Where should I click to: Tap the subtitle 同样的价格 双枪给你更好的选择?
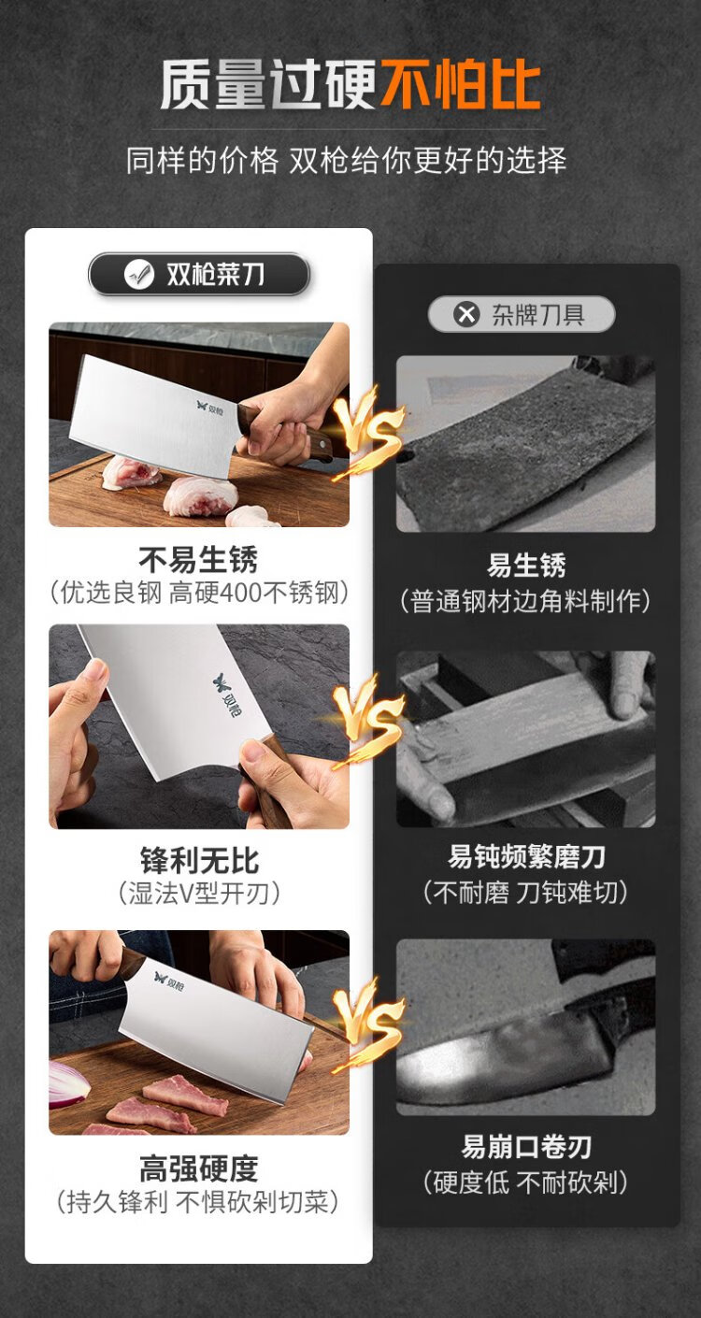pos(347,160)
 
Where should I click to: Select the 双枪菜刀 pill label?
pos(199,274)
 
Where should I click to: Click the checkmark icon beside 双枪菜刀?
pos(139,274)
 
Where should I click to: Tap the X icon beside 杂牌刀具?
pos(466,314)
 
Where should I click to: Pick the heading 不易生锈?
pos(198,560)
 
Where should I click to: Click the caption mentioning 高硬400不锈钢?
pos(199,593)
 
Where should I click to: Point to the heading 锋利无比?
pos(199,861)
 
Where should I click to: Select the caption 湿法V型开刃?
pos(199,894)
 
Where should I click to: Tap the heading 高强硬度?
pos(199,1168)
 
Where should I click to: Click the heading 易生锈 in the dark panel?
pos(526,565)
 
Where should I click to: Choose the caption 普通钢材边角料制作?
pos(525,601)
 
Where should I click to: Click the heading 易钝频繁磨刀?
pos(526,856)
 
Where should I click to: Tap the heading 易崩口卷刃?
pos(526,1147)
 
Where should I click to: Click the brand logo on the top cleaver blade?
pos(210,408)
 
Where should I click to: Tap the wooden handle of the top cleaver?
pos(282,431)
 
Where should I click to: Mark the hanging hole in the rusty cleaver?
pos(407,455)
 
